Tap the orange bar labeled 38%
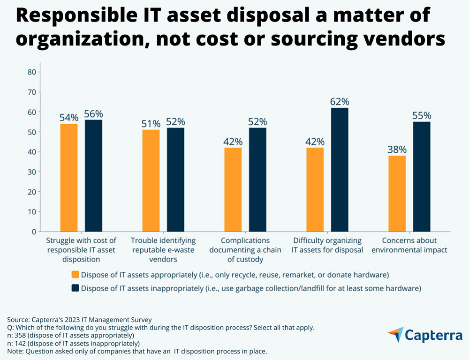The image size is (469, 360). click(397, 194)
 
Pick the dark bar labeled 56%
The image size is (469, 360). click(93, 176)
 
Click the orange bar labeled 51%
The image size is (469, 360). click(151, 180)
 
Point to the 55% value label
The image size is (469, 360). click(422, 116)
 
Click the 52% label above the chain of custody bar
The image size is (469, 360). click(257, 122)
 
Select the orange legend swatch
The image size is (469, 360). click(75, 274)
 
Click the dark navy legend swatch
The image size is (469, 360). click(75, 288)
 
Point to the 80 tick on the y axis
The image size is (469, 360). click(32, 72)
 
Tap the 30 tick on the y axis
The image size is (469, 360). click(32, 172)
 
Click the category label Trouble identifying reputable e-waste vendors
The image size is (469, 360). click(163, 249)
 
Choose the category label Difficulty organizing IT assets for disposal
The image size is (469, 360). click(327, 245)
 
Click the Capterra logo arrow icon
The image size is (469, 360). click(395, 335)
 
